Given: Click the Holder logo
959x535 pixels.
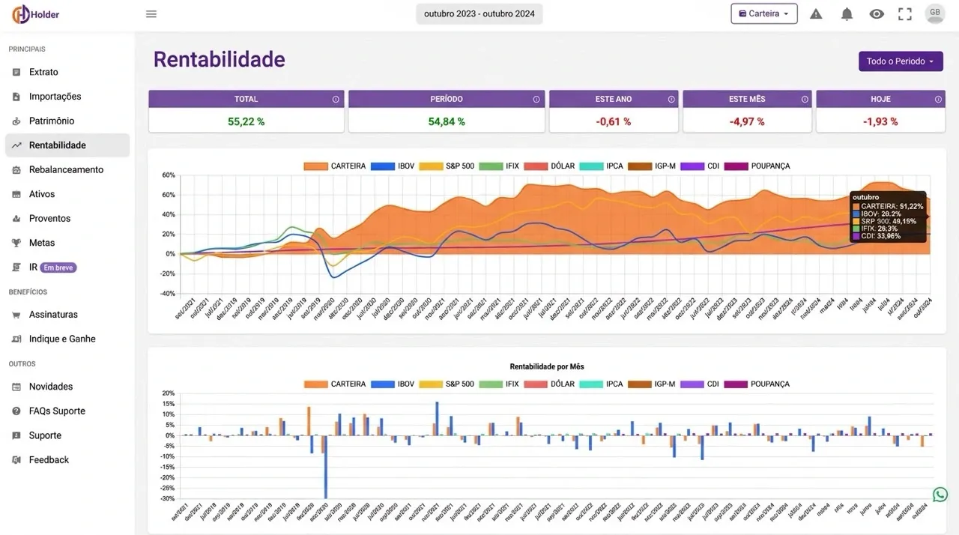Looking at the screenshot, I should pos(35,14).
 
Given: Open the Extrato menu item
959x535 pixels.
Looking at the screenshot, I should pos(43,72).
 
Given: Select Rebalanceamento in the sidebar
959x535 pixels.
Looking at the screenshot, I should pos(66,169).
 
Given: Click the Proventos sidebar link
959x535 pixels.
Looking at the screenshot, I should pos(49,218).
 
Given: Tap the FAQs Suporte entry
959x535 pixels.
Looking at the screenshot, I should pos(57,411).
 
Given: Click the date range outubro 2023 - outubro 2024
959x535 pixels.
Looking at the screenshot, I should pos(479,13).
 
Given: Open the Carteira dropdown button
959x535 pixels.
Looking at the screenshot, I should pos(763,13).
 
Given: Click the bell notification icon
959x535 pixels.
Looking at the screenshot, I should pos(847,13).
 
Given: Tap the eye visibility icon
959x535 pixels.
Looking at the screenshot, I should pos(877,13).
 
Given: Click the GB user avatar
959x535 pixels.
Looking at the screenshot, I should pos(935,13).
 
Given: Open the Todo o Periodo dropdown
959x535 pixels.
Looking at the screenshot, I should pos(901,61).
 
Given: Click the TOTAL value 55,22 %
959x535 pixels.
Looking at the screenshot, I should pos(246,121).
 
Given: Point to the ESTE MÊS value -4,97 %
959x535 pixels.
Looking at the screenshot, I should pos(746,121).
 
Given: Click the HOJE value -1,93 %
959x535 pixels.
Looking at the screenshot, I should pos(880,121).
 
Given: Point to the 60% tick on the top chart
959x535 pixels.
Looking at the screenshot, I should pos(169,195).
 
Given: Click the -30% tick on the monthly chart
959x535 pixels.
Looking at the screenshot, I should pos(168,498).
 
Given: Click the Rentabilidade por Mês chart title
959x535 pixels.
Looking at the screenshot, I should pos(547,366).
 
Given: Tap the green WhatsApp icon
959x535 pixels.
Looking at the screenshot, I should pos(940,495).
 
